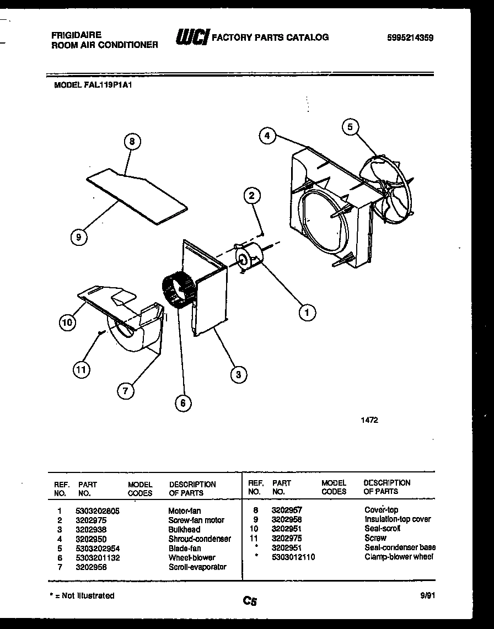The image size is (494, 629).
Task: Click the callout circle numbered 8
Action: [132, 142]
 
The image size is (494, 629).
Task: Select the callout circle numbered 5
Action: [350, 127]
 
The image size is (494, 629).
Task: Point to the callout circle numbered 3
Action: [238, 375]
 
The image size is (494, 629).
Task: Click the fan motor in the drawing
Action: [249, 257]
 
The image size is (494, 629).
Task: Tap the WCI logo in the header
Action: [191, 37]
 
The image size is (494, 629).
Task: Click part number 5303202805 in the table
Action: [97, 511]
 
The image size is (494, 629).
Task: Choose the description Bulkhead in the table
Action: [184, 530]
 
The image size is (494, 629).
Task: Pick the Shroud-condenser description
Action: [199, 539]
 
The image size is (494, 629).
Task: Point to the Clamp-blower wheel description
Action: [399, 557]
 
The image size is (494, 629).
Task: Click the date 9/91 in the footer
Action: [426, 595]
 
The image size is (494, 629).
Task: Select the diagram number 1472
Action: [369, 420]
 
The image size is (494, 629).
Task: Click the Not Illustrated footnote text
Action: [82, 595]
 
